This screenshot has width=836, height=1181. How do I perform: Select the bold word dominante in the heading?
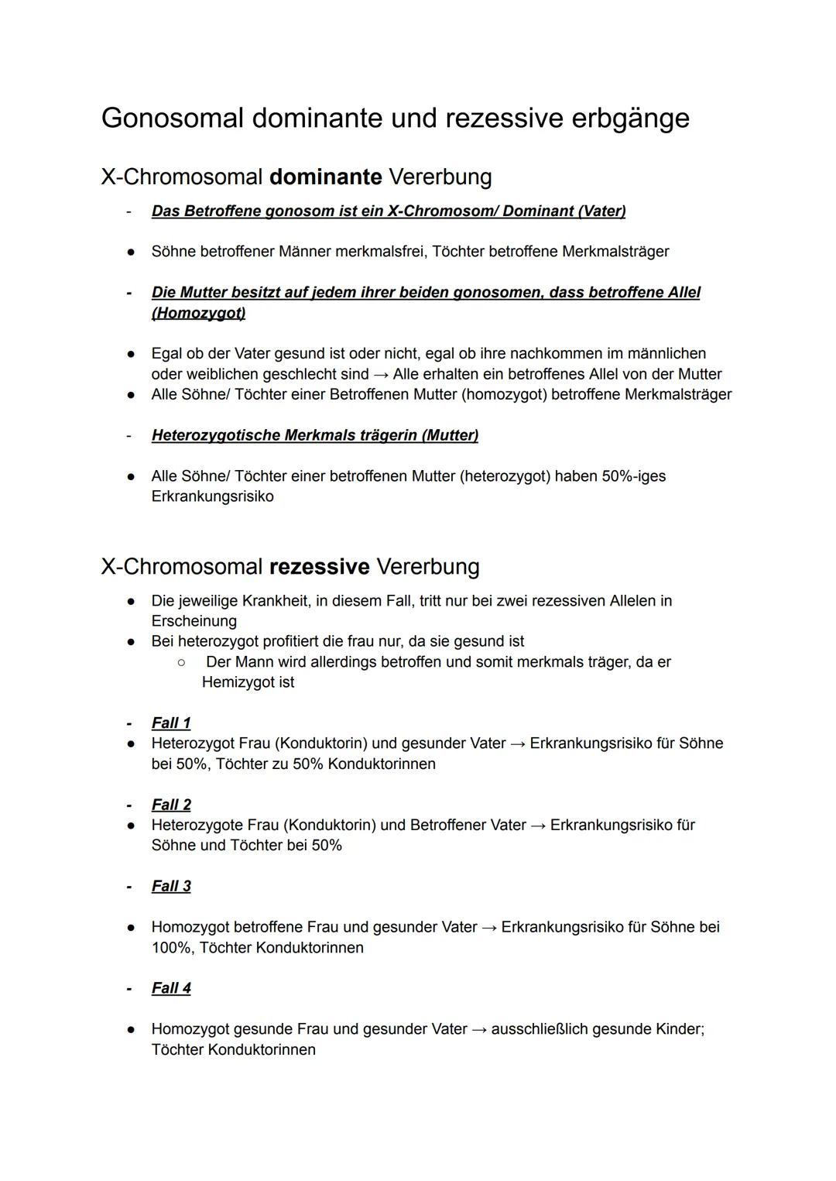pos(325,177)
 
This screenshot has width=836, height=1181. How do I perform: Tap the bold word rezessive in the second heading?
pos(319,567)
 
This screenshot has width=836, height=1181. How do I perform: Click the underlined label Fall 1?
pos(171,723)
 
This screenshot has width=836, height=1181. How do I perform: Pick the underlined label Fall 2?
pos(171,805)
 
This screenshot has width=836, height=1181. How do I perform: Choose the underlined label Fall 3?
pos(171,886)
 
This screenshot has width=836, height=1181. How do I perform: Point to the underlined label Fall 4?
pos(171,988)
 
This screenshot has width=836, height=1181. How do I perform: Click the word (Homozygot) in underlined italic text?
pos(198,313)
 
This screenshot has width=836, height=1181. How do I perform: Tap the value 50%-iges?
pos(633,476)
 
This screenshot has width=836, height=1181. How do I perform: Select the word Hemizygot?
pos(248,682)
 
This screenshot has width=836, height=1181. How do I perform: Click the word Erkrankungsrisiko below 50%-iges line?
pos(212,496)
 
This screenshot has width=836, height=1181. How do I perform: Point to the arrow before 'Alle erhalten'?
pos(381,374)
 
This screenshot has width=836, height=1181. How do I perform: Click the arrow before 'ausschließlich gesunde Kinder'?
pos(479,1029)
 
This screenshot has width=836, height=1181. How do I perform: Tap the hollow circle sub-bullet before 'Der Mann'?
pos(180,662)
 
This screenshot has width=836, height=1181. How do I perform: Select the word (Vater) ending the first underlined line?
pos(601,211)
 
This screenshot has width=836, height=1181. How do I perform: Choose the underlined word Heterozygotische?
pos(215,435)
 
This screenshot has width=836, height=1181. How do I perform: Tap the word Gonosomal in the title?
pos(172,118)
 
